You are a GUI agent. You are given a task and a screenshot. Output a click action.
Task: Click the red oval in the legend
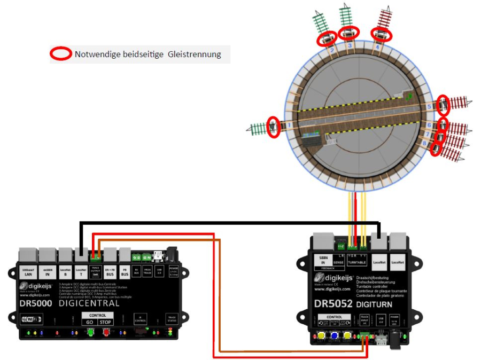[x=61, y=54]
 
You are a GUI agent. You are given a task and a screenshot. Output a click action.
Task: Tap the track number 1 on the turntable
[x=290, y=125]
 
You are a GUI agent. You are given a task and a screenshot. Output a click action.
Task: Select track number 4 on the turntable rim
[x=377, y=47]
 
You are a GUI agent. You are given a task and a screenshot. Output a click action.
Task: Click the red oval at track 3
[x=349, y=34]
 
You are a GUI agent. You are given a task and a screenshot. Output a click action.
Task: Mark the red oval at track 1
[x=274, y=127]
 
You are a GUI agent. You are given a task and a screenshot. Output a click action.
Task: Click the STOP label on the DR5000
[x=105, y=322]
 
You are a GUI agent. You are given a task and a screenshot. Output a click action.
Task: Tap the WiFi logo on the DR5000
[x=31, y=319]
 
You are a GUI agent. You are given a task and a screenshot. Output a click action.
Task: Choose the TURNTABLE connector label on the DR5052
[x=358, y=262]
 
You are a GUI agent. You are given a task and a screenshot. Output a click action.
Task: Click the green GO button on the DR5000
[x=90, y=332]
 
